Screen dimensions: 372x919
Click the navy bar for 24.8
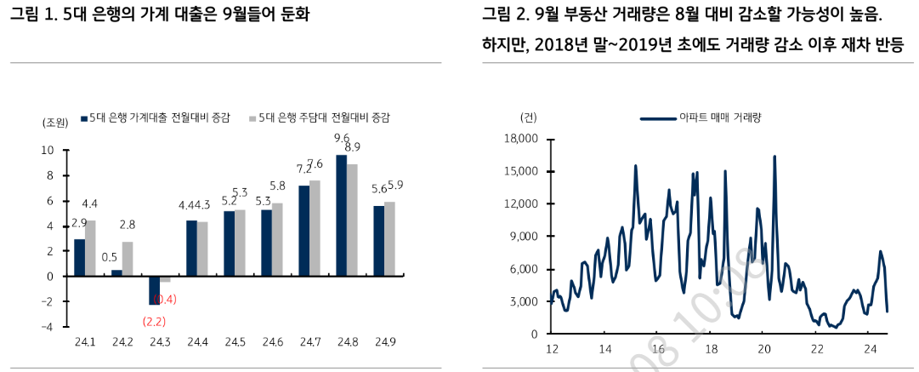coord(342,215)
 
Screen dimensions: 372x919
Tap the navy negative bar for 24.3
coord(154,290)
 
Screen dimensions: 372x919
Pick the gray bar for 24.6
coord(277,239)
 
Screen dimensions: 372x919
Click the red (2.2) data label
coord(154,321)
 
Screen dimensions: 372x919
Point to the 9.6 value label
coord(342,138)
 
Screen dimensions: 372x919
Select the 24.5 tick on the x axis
coord(234,342)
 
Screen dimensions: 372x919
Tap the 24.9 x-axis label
coord(384,342)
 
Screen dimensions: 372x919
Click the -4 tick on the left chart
coord(48,327)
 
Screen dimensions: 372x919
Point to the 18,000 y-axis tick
coord(521,139)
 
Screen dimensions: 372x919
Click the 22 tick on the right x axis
coord(817,349)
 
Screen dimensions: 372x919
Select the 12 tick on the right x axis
coord(552,349)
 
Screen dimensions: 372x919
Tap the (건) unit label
coord(527,117)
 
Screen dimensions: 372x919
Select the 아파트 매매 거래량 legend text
coord(720,117)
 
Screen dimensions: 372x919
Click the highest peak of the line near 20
coord(774,156)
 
